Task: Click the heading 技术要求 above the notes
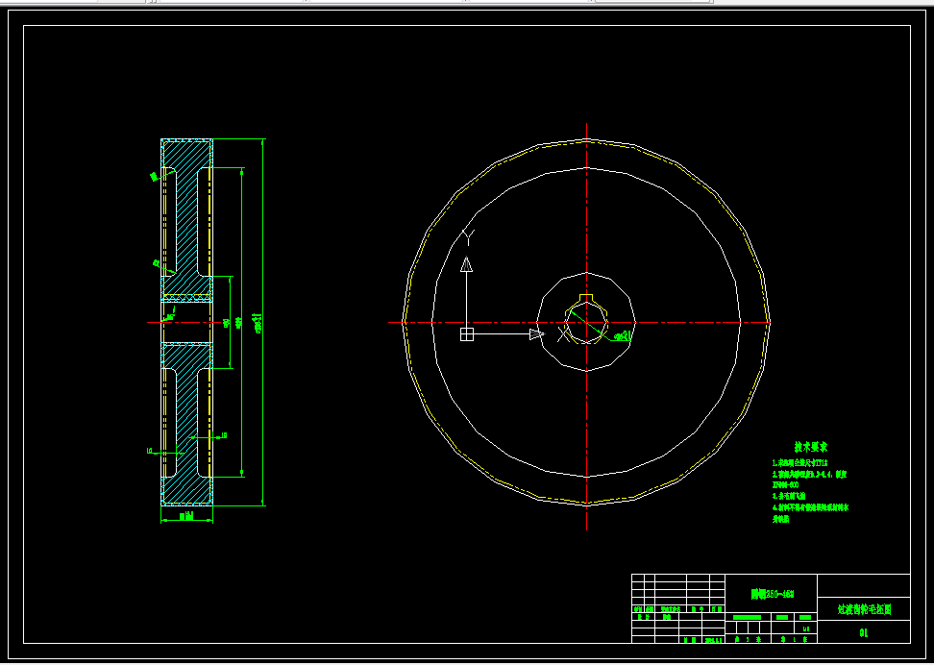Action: [x=811, y=447]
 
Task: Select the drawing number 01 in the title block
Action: [x=863, y=632]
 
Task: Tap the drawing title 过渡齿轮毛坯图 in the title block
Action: [x=863, y=608]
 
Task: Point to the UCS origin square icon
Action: [x=467, y=334]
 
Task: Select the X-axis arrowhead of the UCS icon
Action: [x=535, y=334]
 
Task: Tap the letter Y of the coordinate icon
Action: [x=468, y=235]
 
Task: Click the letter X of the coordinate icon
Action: [x=563, y=334]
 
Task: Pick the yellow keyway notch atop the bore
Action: [x=586, y=297]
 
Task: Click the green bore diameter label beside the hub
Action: [x=626, y=335]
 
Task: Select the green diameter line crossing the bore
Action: [x=586, y=322]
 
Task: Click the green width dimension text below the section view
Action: [x=186, y=517]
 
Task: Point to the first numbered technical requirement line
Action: [x=804, y=462]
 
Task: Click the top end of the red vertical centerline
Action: [x=586, y=125]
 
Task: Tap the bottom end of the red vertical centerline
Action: [x=586, y=528]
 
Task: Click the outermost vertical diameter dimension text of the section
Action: [x=258, y=322]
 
